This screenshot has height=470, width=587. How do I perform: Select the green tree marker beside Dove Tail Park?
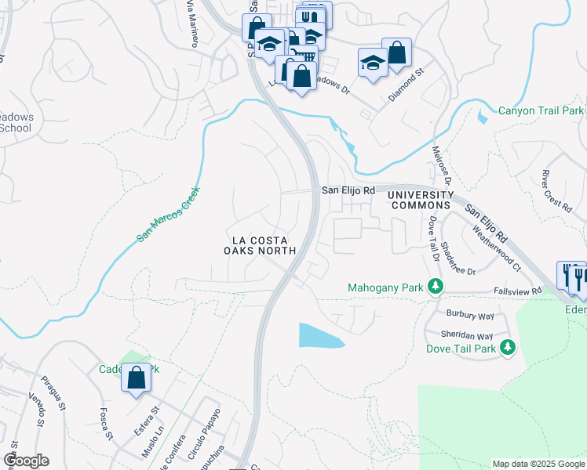pyautogui.click(x=508, y=346)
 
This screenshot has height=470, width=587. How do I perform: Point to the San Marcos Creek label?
pyautogui.click(x=170, y=213)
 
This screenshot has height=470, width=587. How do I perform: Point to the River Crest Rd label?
pyautogui.click(x=556, y=190)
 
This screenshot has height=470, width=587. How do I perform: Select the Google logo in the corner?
pyautogui.click(x=26, y=461)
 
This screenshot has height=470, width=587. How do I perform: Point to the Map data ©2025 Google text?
pyautogui.click(x=538, y=464)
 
